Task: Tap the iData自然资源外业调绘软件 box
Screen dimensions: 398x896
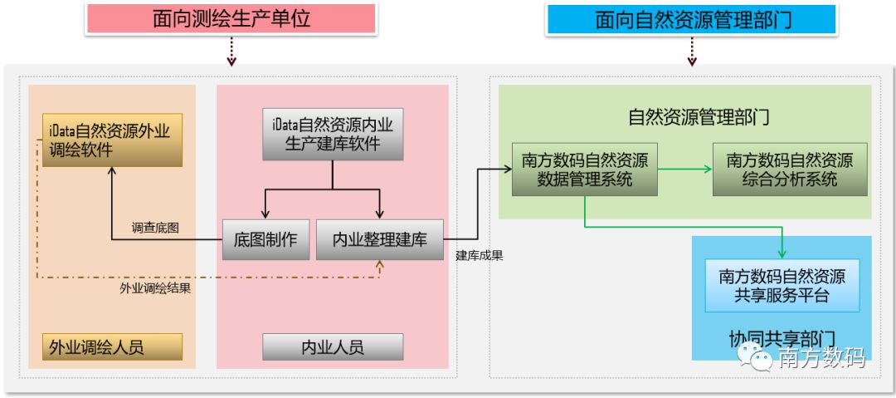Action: point(112,140)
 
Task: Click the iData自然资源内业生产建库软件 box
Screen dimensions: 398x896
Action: point(333,134)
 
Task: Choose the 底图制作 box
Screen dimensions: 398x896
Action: point(265,240)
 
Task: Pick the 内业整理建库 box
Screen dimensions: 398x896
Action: point(380,240)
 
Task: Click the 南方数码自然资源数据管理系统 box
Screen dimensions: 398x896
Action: point(585,169)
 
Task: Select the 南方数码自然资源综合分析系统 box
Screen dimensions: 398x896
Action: point(789,170)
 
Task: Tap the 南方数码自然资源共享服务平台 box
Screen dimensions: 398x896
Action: point(782,286)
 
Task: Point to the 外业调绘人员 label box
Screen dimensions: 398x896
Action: point(112,346)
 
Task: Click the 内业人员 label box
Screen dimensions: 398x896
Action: point(333,346)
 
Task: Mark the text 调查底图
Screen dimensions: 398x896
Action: point(155,228)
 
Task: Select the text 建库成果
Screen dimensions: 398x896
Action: point(480,256)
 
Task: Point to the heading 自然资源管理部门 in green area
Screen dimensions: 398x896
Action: point(699,116)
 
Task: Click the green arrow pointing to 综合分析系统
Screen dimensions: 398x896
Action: point(685,169)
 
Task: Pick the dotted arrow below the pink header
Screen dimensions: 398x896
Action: point(231,52)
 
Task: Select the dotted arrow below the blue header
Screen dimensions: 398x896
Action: point(690,52)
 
